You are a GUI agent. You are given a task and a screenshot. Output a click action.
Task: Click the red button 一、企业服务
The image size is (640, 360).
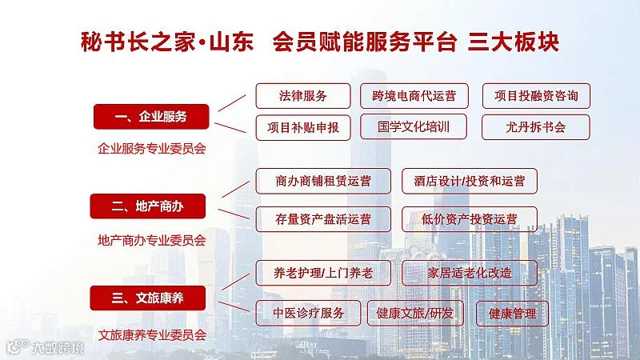(x=151, y=117)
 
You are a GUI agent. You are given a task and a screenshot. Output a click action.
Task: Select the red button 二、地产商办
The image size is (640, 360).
(x=148, y=206)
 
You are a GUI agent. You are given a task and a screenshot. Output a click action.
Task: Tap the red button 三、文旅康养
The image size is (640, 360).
(x=148, y=298)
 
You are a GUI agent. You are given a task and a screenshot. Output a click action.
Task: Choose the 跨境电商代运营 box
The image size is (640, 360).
(x=414, y=96)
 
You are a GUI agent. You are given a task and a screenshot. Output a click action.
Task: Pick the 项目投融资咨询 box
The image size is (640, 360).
(x=536, y=96)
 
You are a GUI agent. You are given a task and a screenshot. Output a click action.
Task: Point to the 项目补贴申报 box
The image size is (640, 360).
(x=303, y=127)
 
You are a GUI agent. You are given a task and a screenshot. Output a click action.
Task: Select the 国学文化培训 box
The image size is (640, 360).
(x=414, y=126)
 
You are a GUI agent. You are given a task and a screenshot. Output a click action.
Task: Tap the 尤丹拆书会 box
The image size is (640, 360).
(x=536, y=126)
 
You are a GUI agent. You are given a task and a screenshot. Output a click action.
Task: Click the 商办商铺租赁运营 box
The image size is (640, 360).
(x=323, y=181)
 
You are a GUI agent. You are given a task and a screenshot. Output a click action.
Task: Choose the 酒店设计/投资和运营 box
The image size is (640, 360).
(x=470, y=181)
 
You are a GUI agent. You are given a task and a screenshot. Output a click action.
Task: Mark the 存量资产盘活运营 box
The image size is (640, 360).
(x=323, y=219)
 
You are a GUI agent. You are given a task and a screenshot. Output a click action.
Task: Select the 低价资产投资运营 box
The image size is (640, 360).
(x=470, y=219)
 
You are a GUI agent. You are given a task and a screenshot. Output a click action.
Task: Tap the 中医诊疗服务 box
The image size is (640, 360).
(x=309, y=313)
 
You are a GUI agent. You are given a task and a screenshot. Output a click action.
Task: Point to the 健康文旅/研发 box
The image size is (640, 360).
(x=414, y=313)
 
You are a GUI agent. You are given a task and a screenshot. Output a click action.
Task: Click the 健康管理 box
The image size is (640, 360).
(x=513, y=313)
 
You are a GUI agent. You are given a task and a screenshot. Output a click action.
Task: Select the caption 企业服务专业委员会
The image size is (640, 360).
(x=151, y=148)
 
